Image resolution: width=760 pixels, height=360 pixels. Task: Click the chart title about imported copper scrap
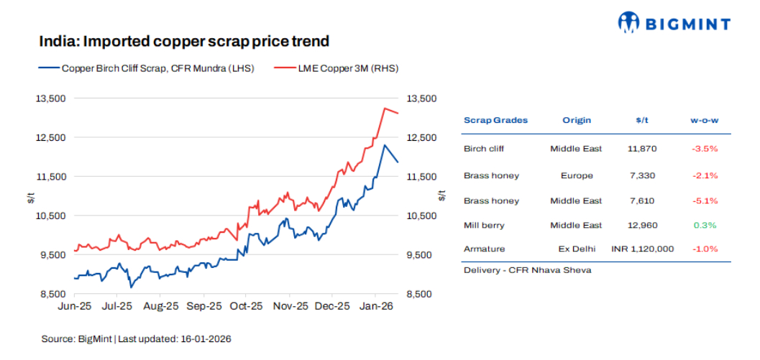[184, 42]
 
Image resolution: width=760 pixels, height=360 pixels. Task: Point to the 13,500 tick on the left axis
[51, 98]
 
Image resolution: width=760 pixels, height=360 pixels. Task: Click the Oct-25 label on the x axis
[246, 306]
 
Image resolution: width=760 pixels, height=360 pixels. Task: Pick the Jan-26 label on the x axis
[376, 306]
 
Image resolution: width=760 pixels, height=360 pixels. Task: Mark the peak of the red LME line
[385, 109]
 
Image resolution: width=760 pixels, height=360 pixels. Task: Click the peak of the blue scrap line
[385, 145]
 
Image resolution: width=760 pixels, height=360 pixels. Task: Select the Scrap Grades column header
[495, 120]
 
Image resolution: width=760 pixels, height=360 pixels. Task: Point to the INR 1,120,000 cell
[642, 249]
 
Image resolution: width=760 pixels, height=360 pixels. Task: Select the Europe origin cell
[577, 175]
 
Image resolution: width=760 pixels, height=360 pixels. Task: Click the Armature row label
[484, 249]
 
